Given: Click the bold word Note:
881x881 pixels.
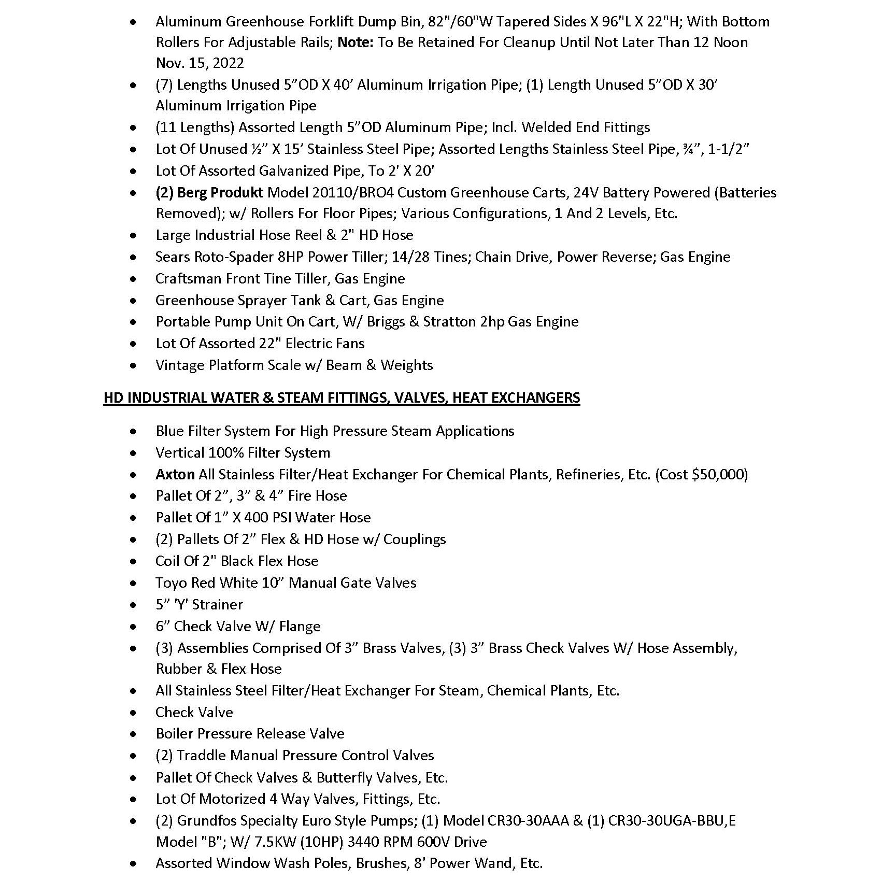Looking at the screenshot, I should [x=356, y=42].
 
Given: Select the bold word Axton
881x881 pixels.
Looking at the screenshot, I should [x=175, y=475].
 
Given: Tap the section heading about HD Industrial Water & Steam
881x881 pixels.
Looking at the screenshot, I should [x=342, y=398].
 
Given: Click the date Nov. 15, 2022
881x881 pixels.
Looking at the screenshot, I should [x=200, y=63].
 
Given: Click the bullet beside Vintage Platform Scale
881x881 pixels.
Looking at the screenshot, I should [x=134, y=366].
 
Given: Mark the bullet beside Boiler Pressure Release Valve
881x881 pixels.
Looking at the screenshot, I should [x=134, y=734].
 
